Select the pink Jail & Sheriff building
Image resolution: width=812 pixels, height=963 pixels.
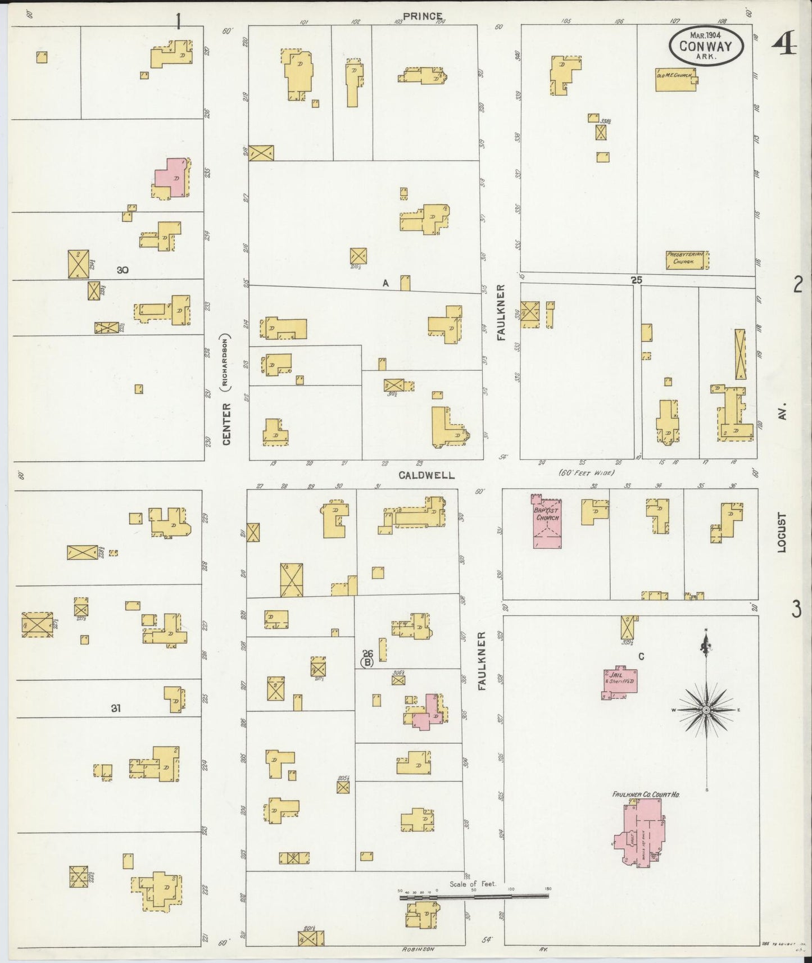point(620,682)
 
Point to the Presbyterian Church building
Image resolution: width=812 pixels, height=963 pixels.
point(686,260)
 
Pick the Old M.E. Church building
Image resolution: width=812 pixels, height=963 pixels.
point(675,80)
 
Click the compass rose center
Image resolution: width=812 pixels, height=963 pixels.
point(706,711)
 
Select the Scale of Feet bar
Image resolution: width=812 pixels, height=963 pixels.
point(475,898)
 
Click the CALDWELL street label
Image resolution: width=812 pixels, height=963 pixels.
point(427,475)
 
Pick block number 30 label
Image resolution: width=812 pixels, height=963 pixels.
point(123,270)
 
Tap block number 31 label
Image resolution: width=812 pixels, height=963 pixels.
point(115,708)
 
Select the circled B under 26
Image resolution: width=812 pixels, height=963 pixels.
point(367,662)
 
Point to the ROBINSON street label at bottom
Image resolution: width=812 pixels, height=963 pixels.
point(419,948)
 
